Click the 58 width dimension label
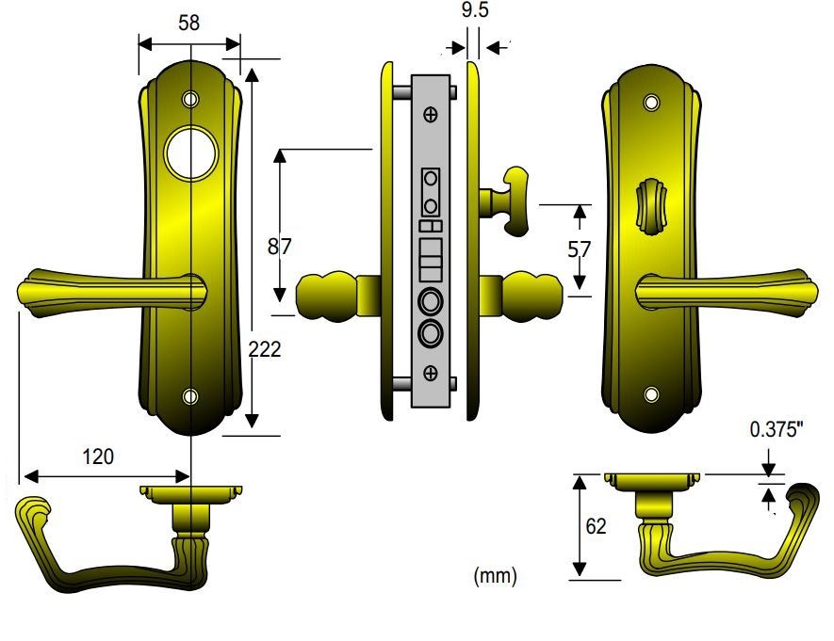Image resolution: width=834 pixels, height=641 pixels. tap(188, 24)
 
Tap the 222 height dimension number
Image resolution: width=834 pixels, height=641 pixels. tap(265, 350)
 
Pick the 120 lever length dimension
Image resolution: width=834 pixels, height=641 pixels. tap(98, 457)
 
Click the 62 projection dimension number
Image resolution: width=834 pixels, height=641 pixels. tap(596, 526)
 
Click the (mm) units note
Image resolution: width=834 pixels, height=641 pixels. tap(495, 576)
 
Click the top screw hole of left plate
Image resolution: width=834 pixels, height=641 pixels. tap(191, 98)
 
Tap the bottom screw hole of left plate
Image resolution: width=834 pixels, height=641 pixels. tap(191, 395)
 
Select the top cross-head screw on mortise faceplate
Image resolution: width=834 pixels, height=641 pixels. tap(432, 115)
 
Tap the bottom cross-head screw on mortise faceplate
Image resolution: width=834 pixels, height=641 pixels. tap(432, 375)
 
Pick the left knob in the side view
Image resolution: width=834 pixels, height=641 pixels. tap(325, 296)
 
